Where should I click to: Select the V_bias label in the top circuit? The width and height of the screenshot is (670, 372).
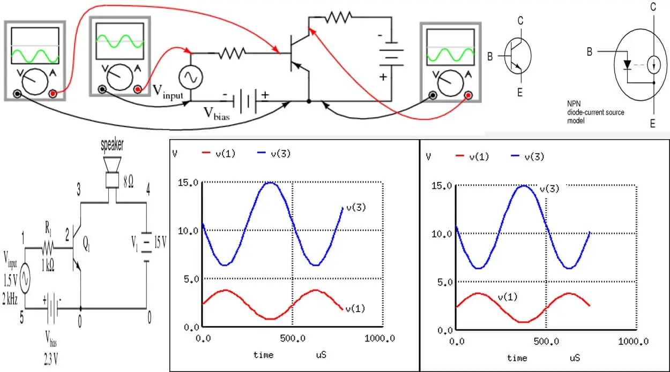pyautogui.click(x=214, y=113)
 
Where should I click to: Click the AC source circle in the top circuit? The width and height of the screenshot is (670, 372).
pyautogui.click(x=190, y=78)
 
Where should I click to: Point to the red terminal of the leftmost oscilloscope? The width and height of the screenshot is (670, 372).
pyautogui.click(x=53, y=94)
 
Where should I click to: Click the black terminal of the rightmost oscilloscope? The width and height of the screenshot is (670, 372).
pyautogui.click(x=433, y=96)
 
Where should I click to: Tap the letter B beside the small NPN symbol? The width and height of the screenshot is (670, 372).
pyautogui.click(x=489, y=56)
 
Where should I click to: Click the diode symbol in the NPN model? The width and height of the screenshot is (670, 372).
pyautogui.click(x=628, y=65)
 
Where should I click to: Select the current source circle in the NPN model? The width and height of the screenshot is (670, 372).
pyautogui.click(x=652, y=65)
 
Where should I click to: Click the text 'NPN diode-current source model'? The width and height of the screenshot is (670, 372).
pyautogui.click(x=595, y=112)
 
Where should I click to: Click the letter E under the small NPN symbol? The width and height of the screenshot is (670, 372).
pyautogui.click(x=519, y=93)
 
